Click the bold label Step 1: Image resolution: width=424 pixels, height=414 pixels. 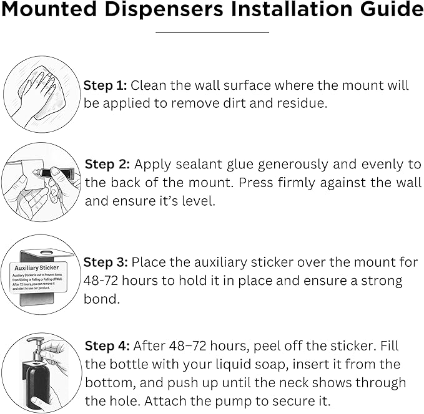click(x=105, y=85)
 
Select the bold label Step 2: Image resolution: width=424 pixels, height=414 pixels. click(x=107, y=165)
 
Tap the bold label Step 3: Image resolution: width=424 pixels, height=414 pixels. click(x=106, y=262)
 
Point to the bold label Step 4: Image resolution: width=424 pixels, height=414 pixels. click(x=106, y=345)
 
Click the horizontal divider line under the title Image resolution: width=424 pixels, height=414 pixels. click(x=212, y=32)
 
